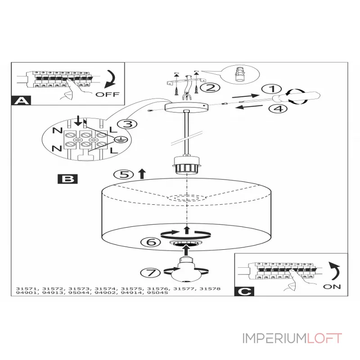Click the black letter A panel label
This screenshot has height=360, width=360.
[x=21, y=100]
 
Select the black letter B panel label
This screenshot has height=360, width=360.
[x=67, y=179]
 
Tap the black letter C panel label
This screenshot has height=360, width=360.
[x=244, y=291]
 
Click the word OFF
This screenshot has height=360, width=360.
[x=108, y=94]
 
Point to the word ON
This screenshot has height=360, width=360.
[x=332, y=287]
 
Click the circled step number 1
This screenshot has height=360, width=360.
[x=272, y=89]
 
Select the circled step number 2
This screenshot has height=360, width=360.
[x=210, y=87]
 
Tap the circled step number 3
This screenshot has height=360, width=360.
[x=127, y=124]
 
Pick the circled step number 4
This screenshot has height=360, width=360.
[x=278, y=108]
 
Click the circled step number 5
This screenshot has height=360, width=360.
[x=123, y=175]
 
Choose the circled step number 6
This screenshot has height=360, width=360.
[x=150, y=242]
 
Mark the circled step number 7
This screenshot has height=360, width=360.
[x=150, y=273]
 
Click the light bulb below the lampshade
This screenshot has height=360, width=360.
[x=185, y=270]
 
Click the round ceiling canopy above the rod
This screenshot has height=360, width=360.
[x=187, y=107]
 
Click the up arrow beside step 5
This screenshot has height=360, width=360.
[x=142, y=174]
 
